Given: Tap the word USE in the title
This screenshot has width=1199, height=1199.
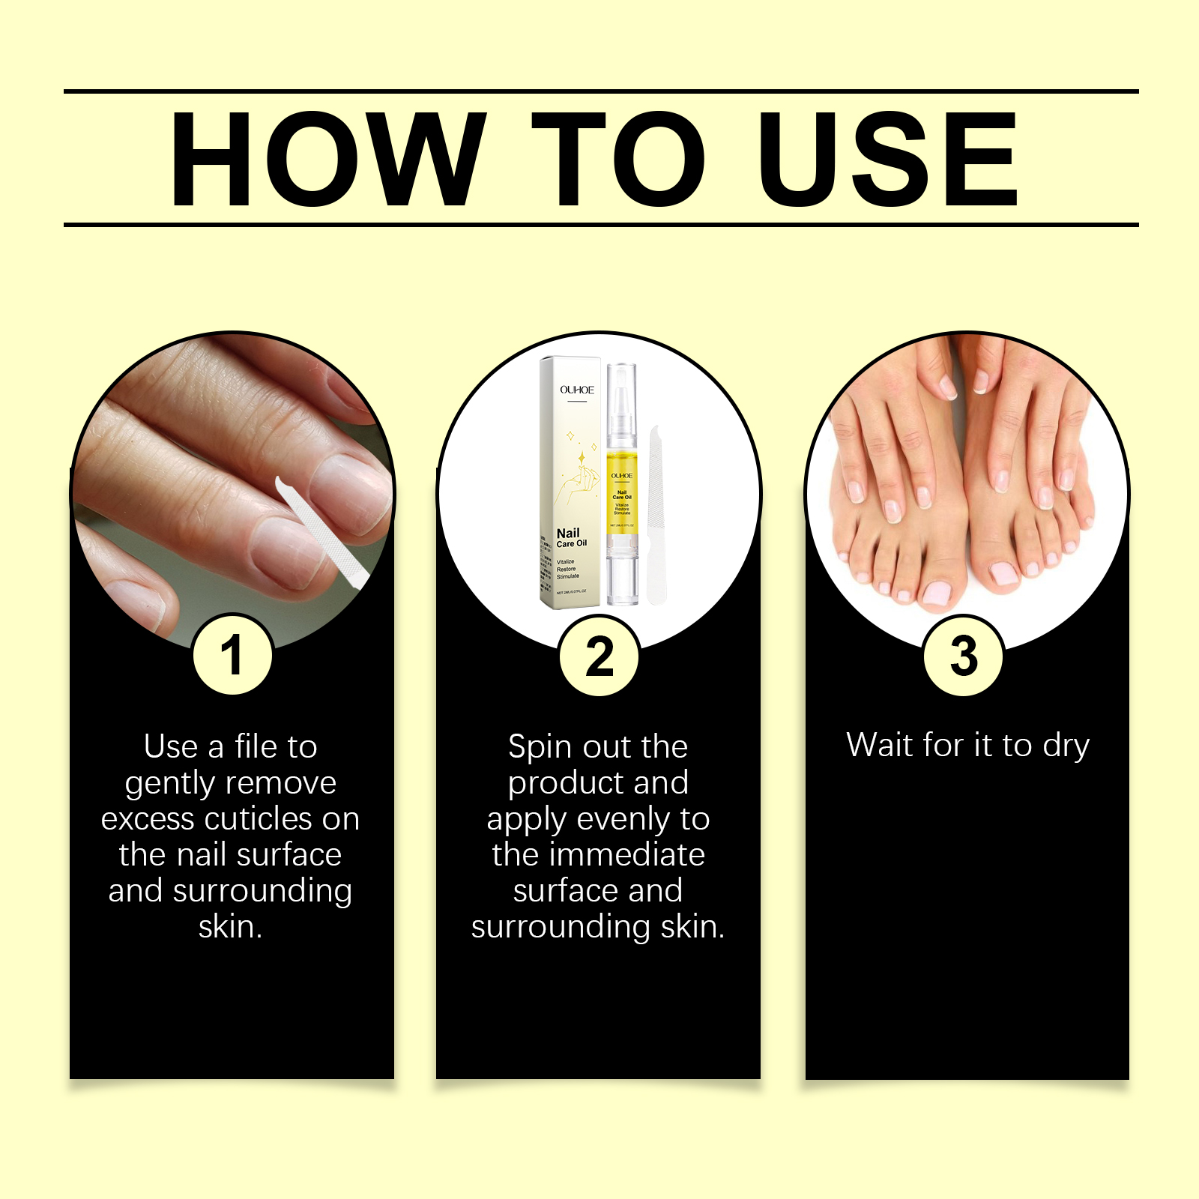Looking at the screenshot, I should point(887,159).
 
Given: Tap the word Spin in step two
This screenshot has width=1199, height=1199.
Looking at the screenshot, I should point(540,747).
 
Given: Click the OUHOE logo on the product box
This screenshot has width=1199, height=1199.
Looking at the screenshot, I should point(577,390).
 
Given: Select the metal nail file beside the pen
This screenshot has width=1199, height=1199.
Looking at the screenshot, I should point(656,517).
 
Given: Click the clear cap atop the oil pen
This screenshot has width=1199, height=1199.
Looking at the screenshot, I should point(621,397).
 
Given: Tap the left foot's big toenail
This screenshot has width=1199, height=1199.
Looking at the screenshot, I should point(936,593).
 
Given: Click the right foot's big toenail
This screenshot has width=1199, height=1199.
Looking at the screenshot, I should point(1003,575).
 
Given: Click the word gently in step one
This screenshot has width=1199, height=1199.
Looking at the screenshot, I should point(169,784).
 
